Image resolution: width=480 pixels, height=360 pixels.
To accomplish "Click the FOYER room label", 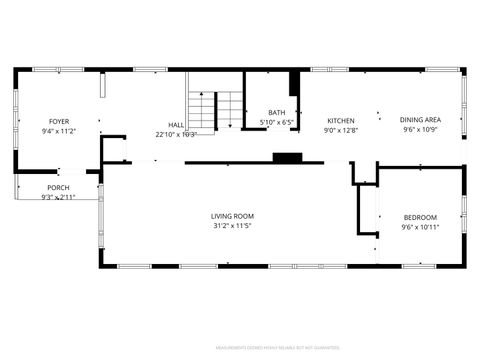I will tap(59, 121).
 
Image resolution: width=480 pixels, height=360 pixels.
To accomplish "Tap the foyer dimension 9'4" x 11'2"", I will tap(59, 131).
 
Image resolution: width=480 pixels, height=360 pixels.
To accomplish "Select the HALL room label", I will tap(175, 125).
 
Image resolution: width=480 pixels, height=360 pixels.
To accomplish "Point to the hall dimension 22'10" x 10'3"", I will tap(175, 134).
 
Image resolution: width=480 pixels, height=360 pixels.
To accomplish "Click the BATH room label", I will tap(277, 113).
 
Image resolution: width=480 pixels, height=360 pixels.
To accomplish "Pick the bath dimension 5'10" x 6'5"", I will tap(277, 122).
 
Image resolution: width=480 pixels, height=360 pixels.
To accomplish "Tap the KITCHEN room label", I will tap(340, 121).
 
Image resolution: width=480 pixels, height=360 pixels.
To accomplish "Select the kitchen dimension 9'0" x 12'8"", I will tap(340, 131).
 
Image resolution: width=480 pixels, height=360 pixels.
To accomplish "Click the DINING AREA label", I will tap(421, 120).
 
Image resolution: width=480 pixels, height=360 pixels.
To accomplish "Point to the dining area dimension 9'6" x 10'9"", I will tap(421, 130).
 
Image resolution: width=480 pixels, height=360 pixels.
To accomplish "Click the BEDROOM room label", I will tap(420, 218).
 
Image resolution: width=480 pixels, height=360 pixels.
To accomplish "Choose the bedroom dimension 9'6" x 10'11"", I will tap(420, 227).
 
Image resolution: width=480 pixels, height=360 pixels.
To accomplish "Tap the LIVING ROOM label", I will tap(232, 216).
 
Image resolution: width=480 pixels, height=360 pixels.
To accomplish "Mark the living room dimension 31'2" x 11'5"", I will tap(232, 226).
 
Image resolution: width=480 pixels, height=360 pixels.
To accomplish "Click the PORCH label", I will tap(59, 188).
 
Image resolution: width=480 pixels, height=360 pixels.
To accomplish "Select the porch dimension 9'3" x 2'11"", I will tap(59, 197).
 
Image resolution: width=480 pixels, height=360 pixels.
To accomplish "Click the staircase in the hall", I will tap(216, 108).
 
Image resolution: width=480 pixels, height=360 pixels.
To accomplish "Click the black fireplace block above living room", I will tap(289, 158).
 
